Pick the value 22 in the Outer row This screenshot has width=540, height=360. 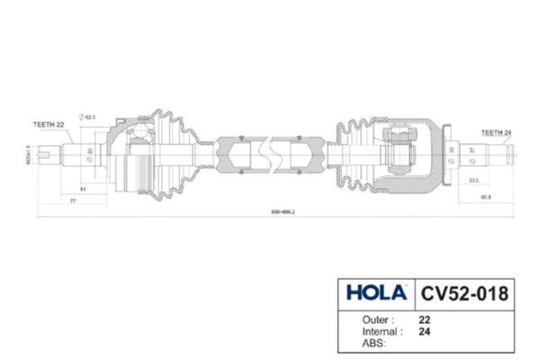pyautogui.click(x=424, y=319)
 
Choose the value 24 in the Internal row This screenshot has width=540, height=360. pyautogui.click(x=424, y=330)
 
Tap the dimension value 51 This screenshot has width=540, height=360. pyautogui.click(x=84, y=189)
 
